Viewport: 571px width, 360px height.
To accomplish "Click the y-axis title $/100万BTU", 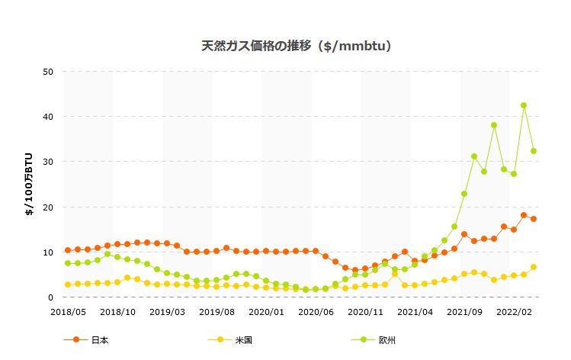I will pyautogui.click(x=29, y=184).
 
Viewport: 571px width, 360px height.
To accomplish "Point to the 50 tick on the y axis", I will pyautogui.click(x=48, y=72).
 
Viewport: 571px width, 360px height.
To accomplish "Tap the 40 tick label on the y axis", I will pyautogui.click(x=48, y=117).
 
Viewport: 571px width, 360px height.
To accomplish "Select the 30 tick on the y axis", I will pyautogui.click(x=48, y=162).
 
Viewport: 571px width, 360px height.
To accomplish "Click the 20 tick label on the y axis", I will pyautogui.click(x=48, y=207).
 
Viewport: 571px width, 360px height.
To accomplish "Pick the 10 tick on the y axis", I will pyautogui.click(x=48, y=252).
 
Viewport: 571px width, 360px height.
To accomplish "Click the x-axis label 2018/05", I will pyautogui.click(x=69, y=312).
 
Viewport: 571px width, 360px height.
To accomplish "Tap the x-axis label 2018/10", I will pyautogui.click(x=117, y=312).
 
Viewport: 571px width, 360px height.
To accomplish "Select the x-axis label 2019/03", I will pyautogui.click(x=167, y=312).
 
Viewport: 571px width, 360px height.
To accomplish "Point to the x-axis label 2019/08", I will pyautogui.click(x=217, y=312).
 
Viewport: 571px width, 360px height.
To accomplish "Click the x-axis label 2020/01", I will pyautogui.click(x=266, y=312).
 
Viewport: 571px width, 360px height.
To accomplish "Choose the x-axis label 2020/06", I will pyautogui.click(x=316, y=312).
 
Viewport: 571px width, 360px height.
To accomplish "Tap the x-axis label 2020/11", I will pyautogui.click(x=365, y=312).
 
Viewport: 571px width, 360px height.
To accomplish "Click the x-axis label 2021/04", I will pyautogui.click(x=415, y=312).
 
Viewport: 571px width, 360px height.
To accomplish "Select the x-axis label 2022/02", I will pyautogui.click(x=513, y=312).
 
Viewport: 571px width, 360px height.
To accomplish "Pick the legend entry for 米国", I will pyautogui.click(x=229, y=340).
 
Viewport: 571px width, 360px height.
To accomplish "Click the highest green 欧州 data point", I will pyautogui.click(x=524, y=105).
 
